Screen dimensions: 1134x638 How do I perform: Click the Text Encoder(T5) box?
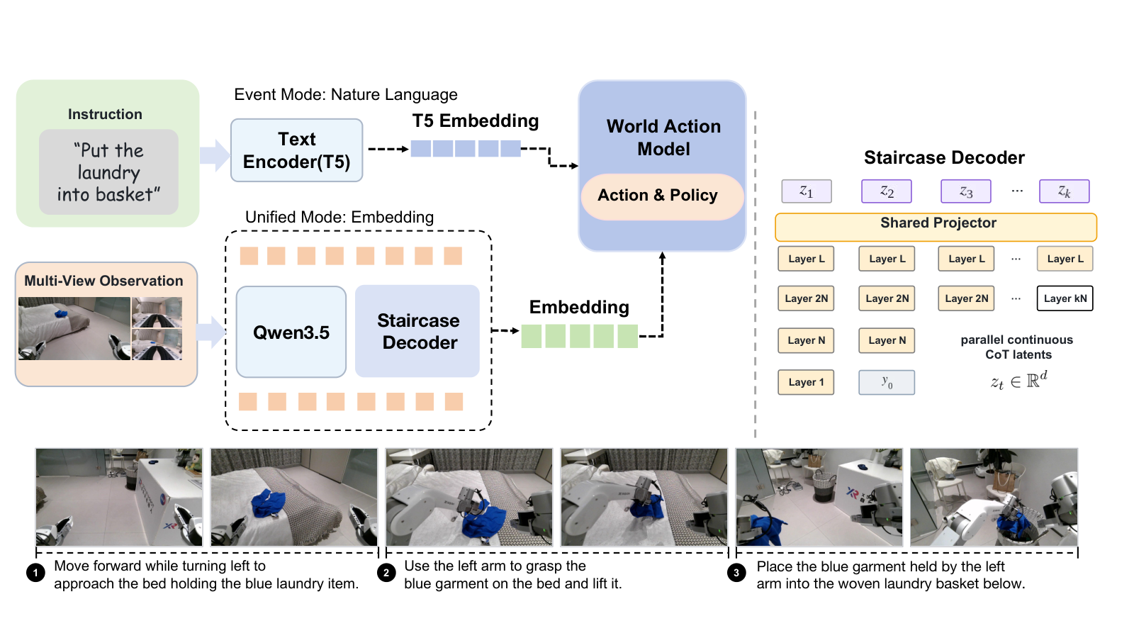(297, 150)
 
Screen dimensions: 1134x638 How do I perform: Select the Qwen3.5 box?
(291, 332)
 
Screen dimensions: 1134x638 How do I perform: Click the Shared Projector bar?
(936, 227)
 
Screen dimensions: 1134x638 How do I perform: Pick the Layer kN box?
(1065, 298)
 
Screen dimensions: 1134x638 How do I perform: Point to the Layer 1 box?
(806, 382)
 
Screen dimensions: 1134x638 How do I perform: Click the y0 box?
(887, 382)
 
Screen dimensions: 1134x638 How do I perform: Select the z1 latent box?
(807, 191)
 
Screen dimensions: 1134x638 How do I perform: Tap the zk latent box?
(1064, 191)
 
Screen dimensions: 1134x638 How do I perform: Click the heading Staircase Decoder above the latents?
(944, 157)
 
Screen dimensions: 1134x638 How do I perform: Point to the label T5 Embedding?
(476, 121)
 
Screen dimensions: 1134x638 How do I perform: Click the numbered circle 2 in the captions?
(386, 573)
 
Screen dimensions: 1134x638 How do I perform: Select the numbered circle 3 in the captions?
(736, 573)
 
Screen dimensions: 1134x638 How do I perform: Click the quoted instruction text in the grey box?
(108, 173)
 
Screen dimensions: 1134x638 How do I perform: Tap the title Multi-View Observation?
(103, 281)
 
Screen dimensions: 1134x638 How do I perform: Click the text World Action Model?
(663, 138)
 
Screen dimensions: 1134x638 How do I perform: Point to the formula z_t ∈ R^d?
(1018, 380)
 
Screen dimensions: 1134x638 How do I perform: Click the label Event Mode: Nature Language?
(346, 95)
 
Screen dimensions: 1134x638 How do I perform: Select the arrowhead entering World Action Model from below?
(662, 256)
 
